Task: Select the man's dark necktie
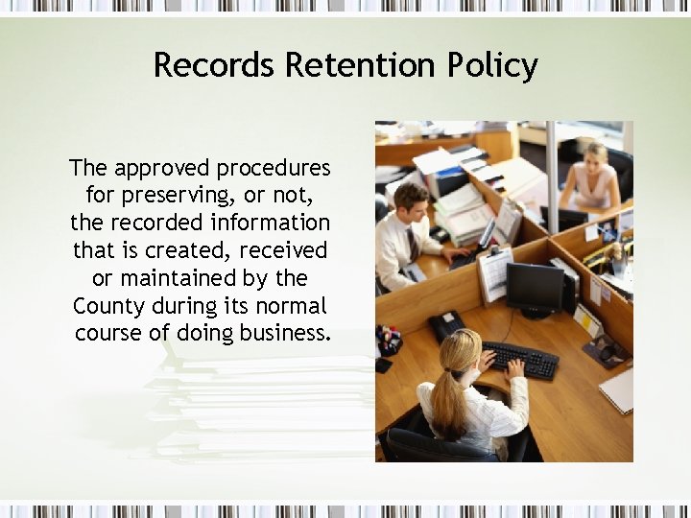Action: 412,245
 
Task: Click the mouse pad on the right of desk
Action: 606,351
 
